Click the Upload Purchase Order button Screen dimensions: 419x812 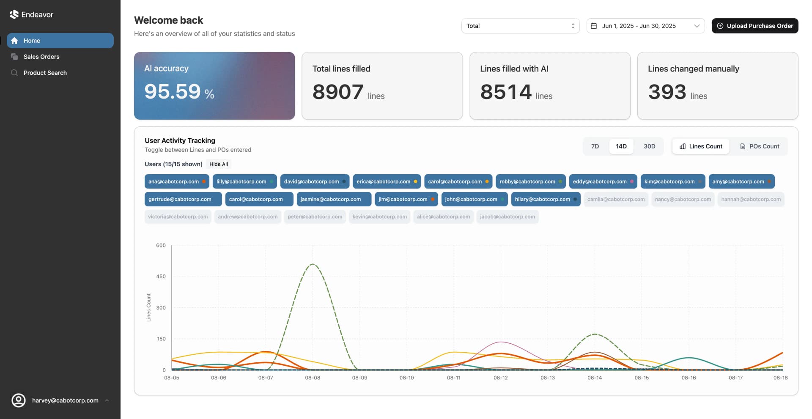pos(754,26)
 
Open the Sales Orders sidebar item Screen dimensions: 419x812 pos(41,57)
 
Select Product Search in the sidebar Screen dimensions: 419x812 pos(45,73)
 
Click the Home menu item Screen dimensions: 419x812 pos(32,41)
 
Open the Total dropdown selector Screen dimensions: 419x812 pos(520,26)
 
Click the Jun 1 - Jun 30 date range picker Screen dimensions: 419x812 pos(645,26)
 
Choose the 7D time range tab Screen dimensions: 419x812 pos(595,146)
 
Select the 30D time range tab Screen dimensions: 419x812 pos(649,146)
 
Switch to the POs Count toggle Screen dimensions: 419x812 pos(759,146)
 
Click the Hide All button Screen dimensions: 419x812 pos(218,164)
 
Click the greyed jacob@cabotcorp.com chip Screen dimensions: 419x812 pos(507,216)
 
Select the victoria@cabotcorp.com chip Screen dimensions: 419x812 pos(178,216)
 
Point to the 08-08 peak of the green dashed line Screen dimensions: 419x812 pos(313,264)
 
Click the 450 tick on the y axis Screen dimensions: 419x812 pos(161,277)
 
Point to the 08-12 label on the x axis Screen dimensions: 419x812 pos(500,378)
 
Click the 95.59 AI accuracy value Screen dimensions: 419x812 pos(173,92)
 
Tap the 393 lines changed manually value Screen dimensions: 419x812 pos(667,92)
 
